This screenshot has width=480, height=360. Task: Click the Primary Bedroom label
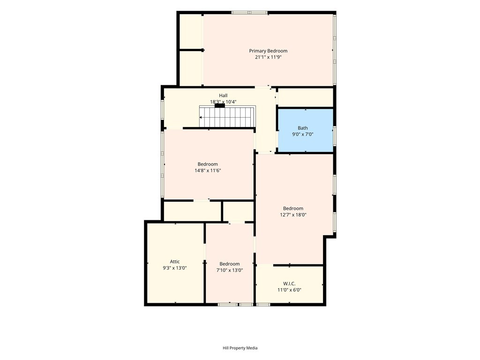coord(268,51)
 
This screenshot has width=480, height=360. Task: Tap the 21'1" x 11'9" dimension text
coord(268,57)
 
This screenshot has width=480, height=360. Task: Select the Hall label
coord(223,96)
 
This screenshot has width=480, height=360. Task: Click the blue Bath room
coord(305,130)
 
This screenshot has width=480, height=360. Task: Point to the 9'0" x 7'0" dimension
coord(303,134)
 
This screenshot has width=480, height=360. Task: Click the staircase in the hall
coord(227,117)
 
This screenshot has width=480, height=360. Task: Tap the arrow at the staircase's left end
coord(201,117)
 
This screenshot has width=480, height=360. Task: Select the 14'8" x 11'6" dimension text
coord(208,171)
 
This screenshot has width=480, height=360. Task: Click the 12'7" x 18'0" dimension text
coord(293,215)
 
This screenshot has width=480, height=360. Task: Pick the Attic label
coord(175,262)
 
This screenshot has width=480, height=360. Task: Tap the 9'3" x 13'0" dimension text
coord(175,268)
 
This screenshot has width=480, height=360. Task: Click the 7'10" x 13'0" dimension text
coord(230,270)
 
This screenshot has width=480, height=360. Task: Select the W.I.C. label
coord(289,284)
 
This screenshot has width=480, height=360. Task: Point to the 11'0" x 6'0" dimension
coord(289,290)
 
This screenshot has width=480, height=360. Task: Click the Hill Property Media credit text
coord(240,348)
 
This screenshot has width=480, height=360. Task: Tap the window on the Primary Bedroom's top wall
coord(249,13)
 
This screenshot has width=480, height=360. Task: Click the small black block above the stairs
coord(220,105)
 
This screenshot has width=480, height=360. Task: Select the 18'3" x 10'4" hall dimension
coord(223,102)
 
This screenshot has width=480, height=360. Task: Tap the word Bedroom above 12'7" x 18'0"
coord(293,209)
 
